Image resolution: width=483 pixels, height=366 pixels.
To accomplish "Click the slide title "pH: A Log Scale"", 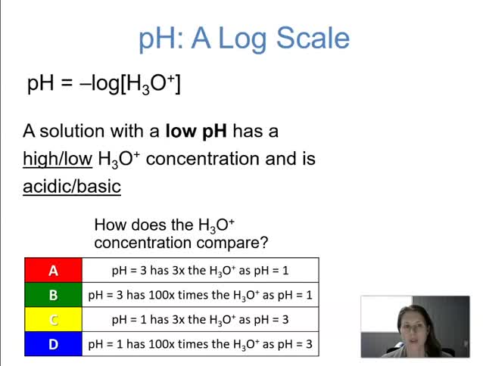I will click(244, 38).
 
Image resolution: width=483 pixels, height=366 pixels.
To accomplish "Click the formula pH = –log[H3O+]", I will click(104, 83).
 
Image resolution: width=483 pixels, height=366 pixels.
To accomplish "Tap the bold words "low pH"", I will click(196, 132).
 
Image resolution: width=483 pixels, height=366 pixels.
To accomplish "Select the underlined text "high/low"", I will click(57, 159).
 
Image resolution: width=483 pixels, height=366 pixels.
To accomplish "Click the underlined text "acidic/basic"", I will click(72, 186).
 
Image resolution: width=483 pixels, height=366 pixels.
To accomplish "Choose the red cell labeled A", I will click(53, 271).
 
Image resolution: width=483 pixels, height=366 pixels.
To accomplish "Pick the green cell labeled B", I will click(53, 295).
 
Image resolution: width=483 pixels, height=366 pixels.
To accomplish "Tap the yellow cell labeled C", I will click(53, 319).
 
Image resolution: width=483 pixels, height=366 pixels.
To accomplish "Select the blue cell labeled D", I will click(53, 344).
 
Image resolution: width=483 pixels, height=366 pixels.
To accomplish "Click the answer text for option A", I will click(200, 271).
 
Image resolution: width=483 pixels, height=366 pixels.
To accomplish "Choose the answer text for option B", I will click(200, 295).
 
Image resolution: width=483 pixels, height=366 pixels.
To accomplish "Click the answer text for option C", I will click(200, 319).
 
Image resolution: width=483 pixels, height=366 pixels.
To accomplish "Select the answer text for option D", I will click(200, 344).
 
